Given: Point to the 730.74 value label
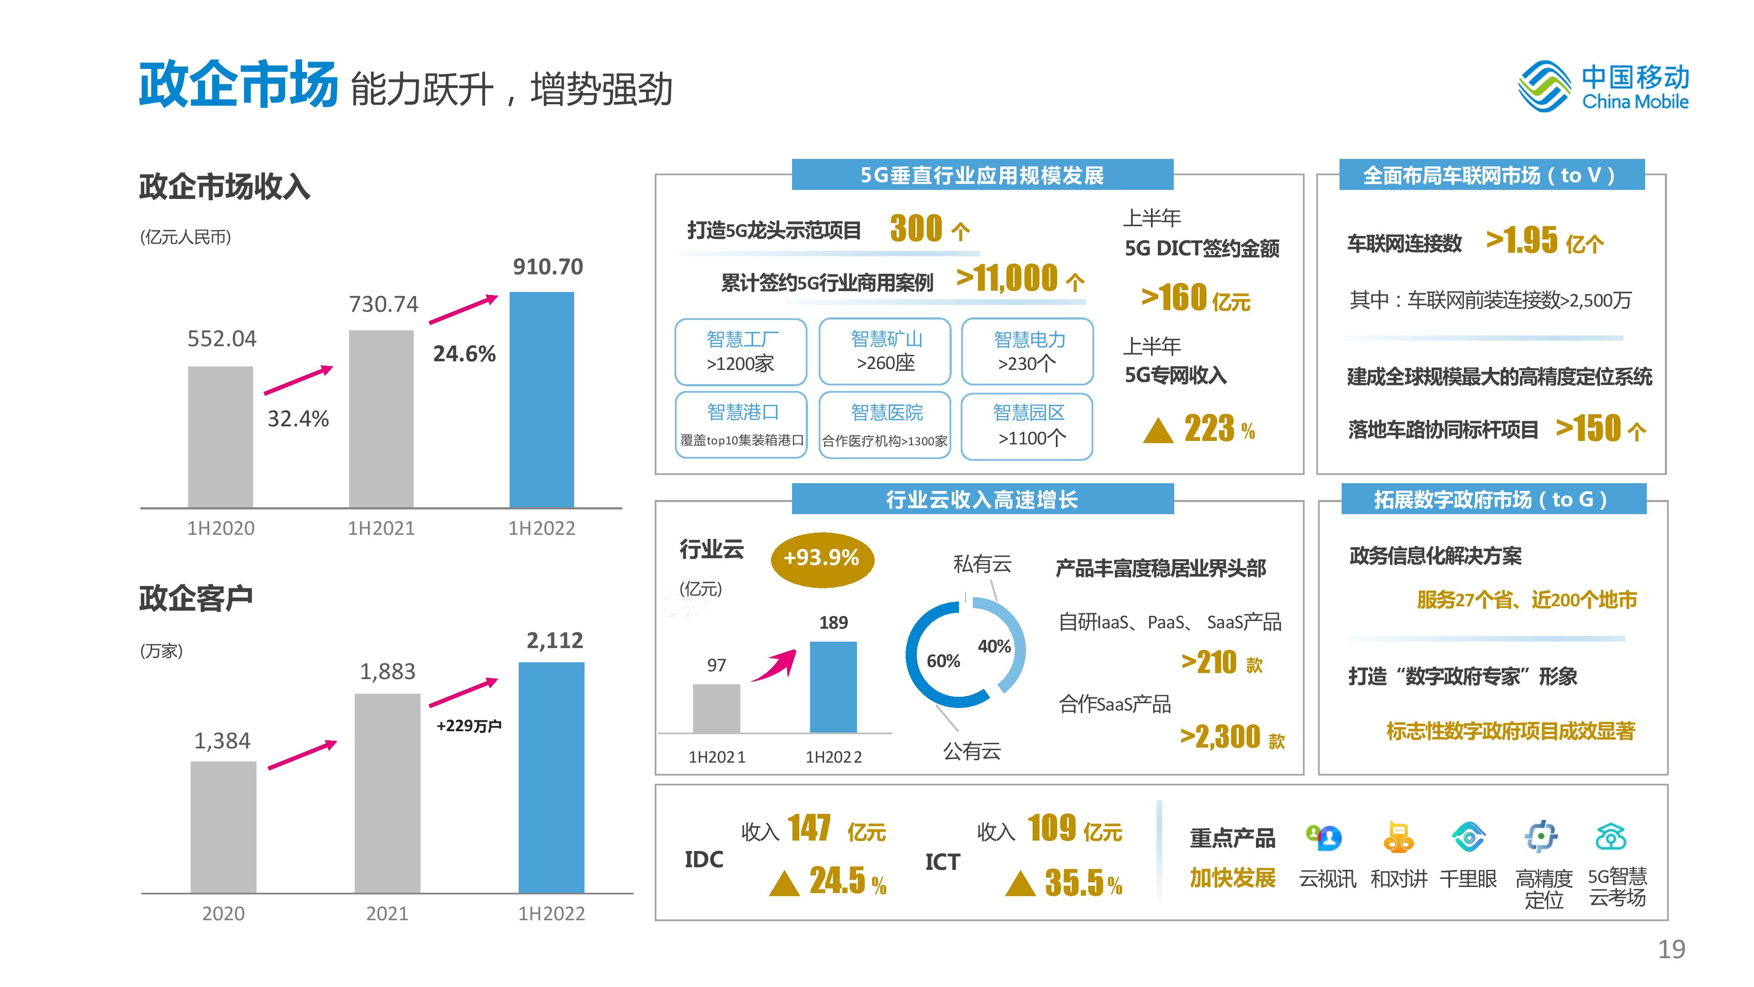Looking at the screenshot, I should point(384,304).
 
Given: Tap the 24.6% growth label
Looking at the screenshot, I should point(464,354).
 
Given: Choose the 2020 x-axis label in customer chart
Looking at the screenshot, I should point(223,913).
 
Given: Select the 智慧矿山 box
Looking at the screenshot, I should point(885,351).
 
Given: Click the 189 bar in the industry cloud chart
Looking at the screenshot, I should point(833,686).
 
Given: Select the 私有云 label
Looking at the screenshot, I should point(982,564).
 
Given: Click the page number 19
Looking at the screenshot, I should point(1671,949).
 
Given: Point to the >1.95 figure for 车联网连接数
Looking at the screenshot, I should point(1522,240).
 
